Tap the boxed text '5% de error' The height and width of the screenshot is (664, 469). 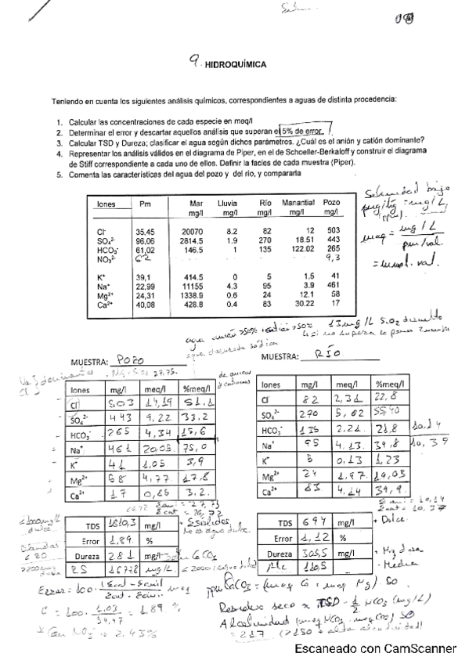click(308, 132)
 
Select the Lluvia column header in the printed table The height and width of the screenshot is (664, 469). click(227, 204)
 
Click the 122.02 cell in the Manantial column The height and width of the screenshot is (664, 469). click(298, 250)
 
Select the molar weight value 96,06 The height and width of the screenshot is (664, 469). click(146, 241)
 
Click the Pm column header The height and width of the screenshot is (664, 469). click(145, 204)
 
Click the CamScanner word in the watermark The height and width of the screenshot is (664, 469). click(421, 648)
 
